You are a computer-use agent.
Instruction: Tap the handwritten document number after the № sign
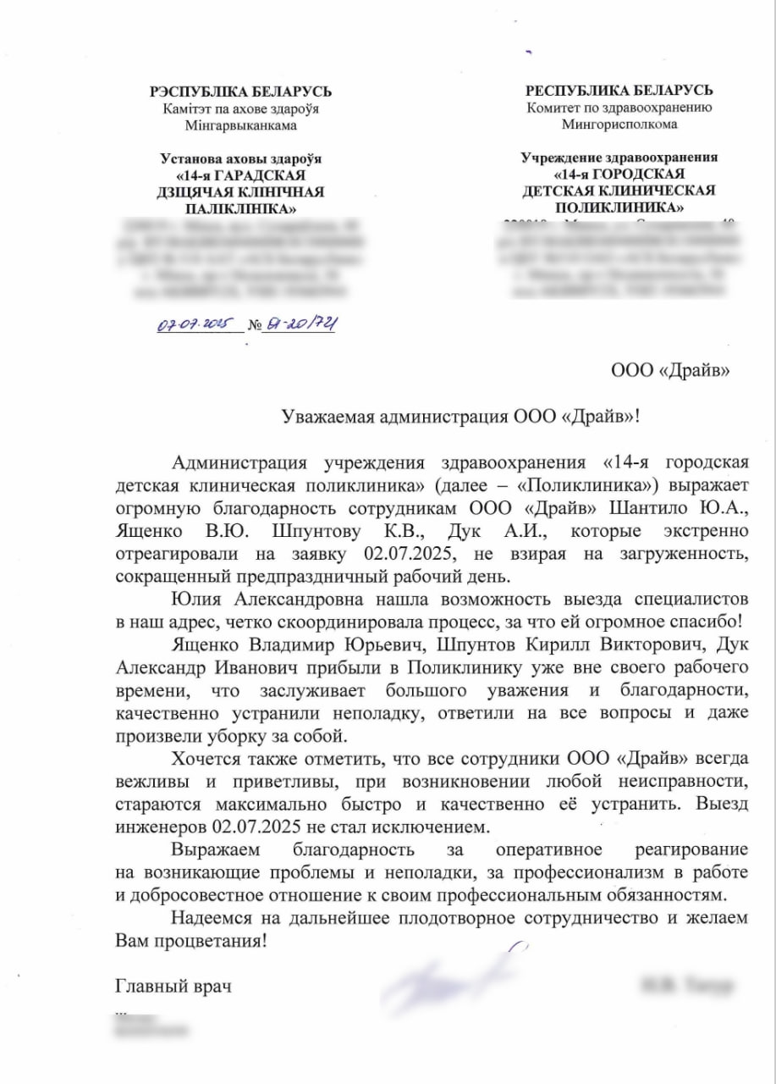click(300, 324)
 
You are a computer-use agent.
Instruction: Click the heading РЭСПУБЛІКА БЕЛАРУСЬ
click(240, 91)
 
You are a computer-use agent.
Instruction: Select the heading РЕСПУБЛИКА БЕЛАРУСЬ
click(619, 91)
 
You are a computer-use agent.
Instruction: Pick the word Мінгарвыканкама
click(241, 125)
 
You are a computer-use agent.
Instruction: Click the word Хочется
click(202, 756)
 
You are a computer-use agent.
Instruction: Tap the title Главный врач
click(173, 987)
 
